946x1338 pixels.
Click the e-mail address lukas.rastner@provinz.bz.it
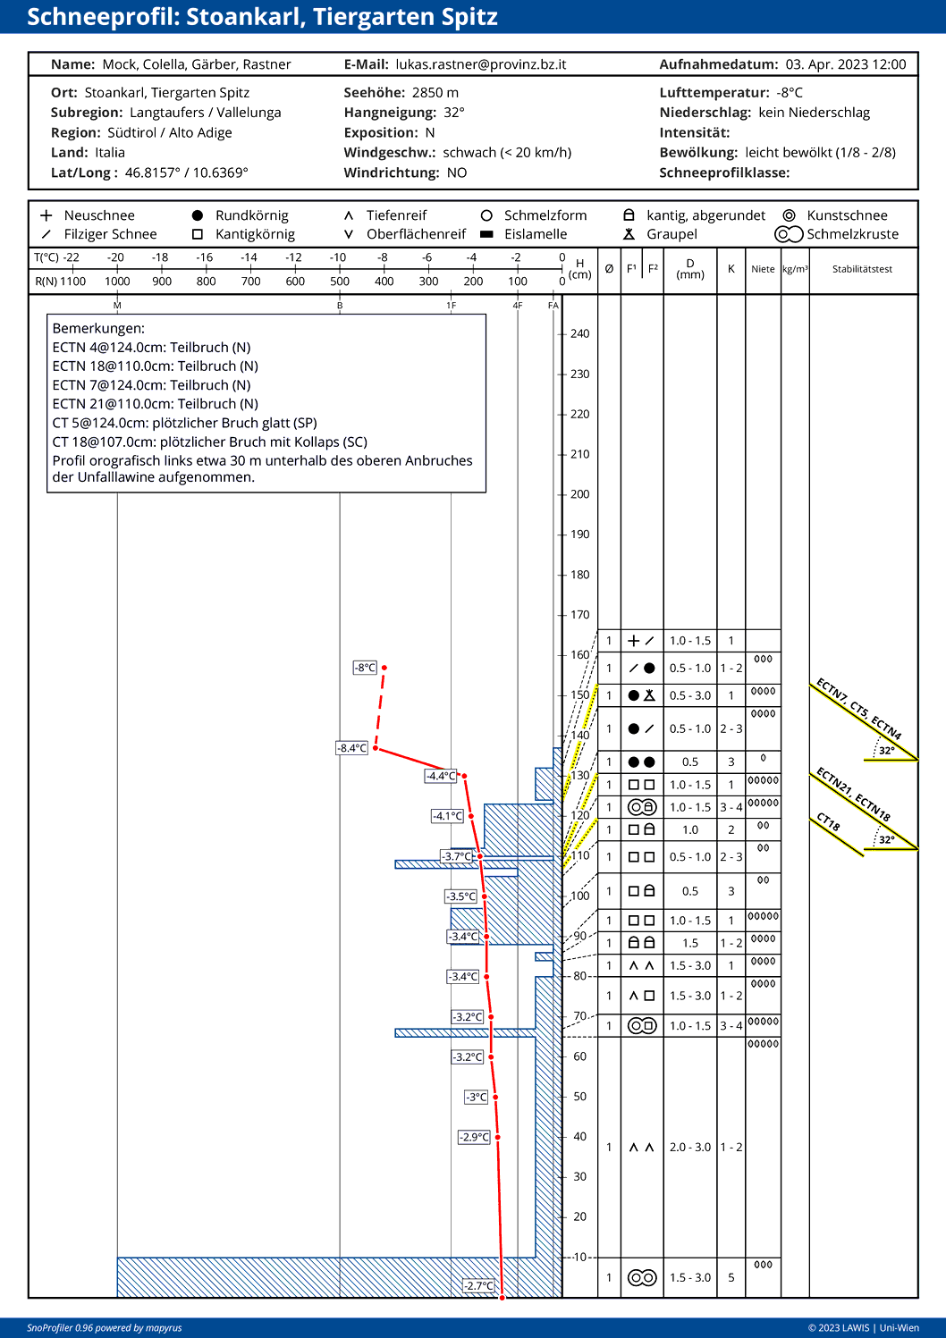tap(480, 64)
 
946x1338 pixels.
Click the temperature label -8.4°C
tap(352, 748)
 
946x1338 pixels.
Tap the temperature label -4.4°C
tap(441, 776)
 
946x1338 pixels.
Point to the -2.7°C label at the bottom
tap(478, 1285)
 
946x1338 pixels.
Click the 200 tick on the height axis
tap(579, 494)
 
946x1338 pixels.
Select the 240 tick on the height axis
tap(579, 333)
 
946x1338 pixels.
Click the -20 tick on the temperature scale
tap(115, 257)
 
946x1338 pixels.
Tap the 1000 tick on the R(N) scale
tap(117, 281)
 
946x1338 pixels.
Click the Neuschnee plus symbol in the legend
tap(46, 215)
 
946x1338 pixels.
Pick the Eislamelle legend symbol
tap(486, 234)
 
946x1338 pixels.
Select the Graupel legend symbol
tap(629, 234)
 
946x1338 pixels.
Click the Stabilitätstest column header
tap(862, 269)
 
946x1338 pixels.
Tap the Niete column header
tap(763, 269)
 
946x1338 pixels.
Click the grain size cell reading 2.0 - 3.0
tap(690, 1147)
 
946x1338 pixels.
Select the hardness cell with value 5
tap(731, 1277)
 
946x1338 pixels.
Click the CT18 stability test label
tap(829, 822)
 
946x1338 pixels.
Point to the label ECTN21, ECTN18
tap(853, 794)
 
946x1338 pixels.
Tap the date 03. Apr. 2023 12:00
tap(846, 64)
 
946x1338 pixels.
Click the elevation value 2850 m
tap(435, 93)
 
